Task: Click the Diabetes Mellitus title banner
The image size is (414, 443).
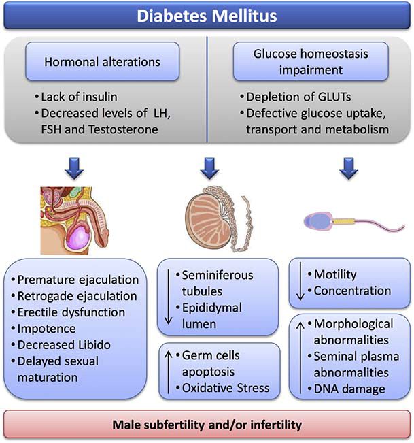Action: pyautogui.click(x=207, y=15)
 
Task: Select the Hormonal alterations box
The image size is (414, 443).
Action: pyautogui.click(x=103, y=61)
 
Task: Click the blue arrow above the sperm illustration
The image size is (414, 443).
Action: pyautogui.click(x=348, y=167)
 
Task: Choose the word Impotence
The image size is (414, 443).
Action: pyautogui.click(x=51, y=329)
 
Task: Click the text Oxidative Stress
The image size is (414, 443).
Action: pyautogui.click(x=226, y=389)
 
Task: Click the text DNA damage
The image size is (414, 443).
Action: pyautogui.click(x=340, y=389)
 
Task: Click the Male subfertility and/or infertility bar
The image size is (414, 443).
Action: pyautogui.click(x=207, y=425)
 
